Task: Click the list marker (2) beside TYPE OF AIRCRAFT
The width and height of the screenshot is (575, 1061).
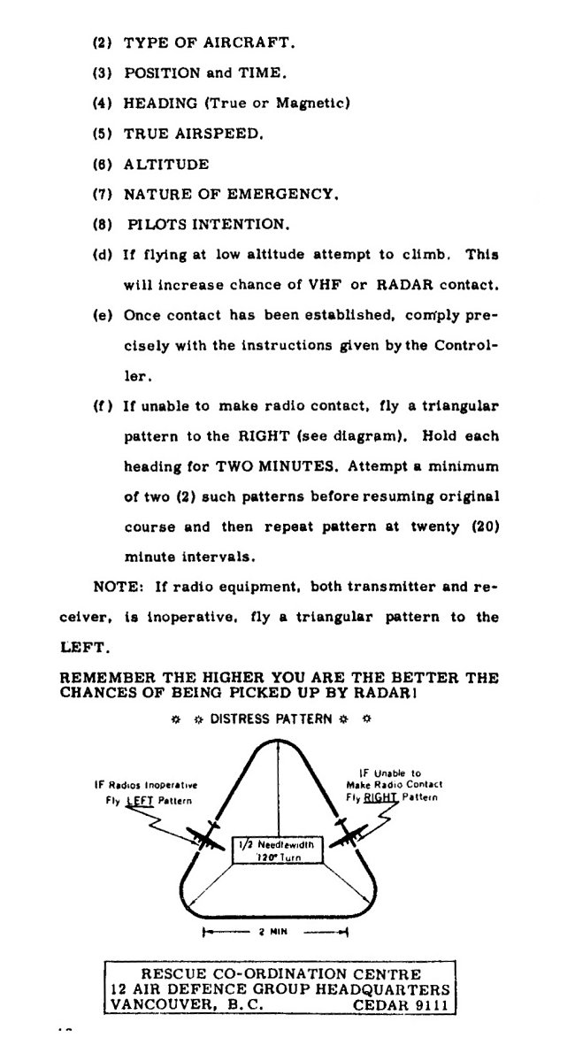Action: coord(103,42)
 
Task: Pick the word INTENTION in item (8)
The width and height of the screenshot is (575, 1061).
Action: coord(241,223)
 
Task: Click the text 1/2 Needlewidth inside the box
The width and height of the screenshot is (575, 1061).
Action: coord(276,844)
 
